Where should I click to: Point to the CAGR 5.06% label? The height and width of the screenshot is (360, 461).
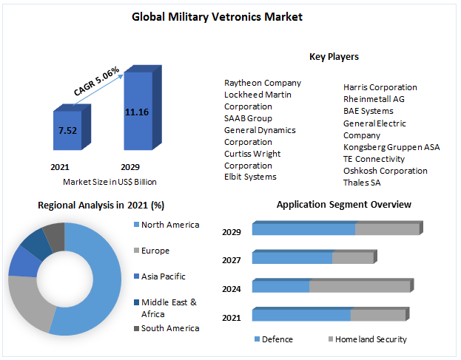click(x=97, y=81)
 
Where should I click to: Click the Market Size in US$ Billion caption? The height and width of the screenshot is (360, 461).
click(x=110, y=182)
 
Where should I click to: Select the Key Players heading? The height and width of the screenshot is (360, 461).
click(x=334, y=57)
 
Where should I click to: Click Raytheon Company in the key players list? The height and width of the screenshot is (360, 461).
click(x=263, y=83)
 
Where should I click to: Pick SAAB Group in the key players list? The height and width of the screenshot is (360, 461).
click(x=248, y=118)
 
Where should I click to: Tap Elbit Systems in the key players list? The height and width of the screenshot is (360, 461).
click(x=250, y=177)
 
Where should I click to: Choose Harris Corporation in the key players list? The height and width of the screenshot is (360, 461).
click(x=380, y=87)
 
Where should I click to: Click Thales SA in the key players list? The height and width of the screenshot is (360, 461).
click(x=362, y=183)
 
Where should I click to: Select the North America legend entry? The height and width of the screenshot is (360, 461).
click(x=169, y=225)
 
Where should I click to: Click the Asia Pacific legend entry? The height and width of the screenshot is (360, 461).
click(x=163, y=276)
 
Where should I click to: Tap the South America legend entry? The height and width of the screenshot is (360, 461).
click(x=169, y=328)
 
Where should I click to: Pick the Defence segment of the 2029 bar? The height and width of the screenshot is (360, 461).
click(x=303, y=230)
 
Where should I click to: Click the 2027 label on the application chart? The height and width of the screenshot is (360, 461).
click(x=232, y=259)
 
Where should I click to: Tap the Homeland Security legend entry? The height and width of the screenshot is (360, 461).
click(x=371, y=340)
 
